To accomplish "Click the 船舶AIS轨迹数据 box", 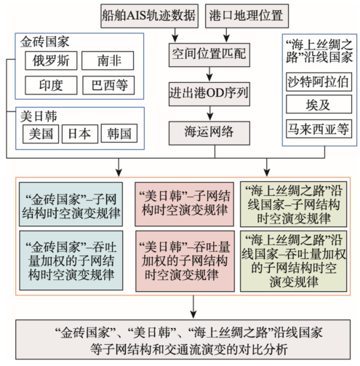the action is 149,16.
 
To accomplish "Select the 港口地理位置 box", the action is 247,16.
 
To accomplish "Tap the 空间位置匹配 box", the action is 209,55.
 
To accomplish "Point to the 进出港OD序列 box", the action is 209,94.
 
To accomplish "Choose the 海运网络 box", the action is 209,133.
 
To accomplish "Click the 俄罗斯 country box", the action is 51,60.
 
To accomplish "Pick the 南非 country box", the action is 108,60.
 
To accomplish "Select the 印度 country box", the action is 51,85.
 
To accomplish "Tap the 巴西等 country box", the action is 108,85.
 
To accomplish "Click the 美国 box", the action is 41,134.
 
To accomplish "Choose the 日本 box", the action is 80,134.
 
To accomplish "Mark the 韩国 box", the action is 119,133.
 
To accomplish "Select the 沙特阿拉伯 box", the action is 319,81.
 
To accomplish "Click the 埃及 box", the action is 319,104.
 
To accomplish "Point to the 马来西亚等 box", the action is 319,129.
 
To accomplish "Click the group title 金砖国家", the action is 45,41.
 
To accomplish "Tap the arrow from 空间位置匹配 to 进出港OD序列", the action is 209,74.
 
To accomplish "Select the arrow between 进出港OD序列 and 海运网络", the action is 210,114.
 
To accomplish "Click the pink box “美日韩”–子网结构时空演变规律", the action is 184,204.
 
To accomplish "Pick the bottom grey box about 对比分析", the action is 183,339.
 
